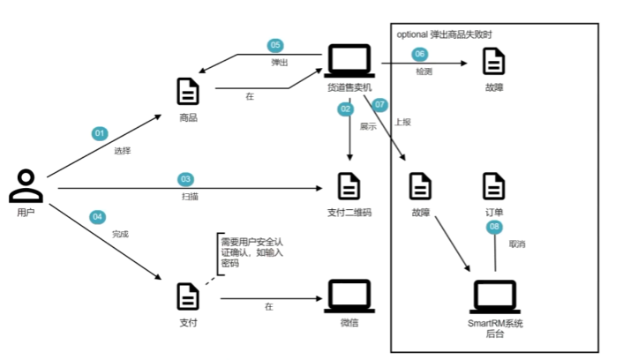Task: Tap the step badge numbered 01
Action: point(100,133)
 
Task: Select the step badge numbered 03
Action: point(185,178)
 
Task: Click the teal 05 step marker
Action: point(275,45)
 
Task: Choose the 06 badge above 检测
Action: point(421,54)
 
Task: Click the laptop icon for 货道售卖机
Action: point(349,61)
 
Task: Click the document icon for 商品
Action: point(188,92)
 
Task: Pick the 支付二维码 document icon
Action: point(349,185)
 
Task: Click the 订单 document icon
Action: point(494,186)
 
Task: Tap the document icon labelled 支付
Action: point(188,296)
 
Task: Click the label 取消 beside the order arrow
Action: point(518,242)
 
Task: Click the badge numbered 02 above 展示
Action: point(345,109)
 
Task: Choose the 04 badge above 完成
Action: point(97,217)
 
